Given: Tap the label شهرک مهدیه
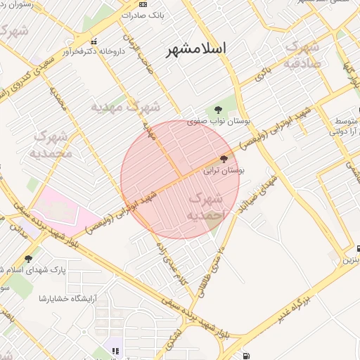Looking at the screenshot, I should click(126, 108).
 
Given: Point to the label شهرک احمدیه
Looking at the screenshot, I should click(207, 207).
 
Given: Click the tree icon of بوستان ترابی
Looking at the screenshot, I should click(224, 159).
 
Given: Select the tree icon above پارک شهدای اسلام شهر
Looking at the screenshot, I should click(28, 259).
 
